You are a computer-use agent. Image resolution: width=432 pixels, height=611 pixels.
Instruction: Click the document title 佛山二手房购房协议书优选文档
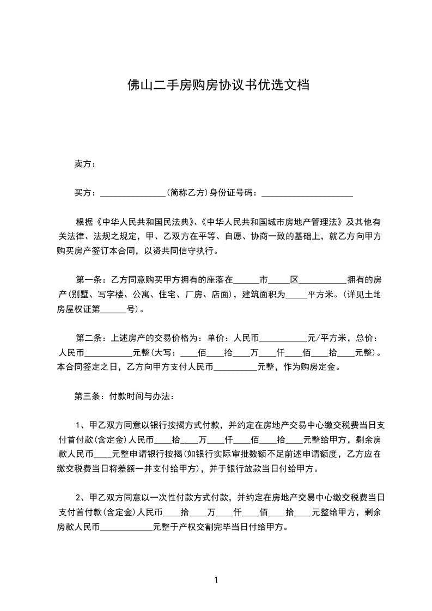216,85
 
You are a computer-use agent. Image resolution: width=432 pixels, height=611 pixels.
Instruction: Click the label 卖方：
86,163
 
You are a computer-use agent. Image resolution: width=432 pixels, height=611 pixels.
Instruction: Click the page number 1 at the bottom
216,580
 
